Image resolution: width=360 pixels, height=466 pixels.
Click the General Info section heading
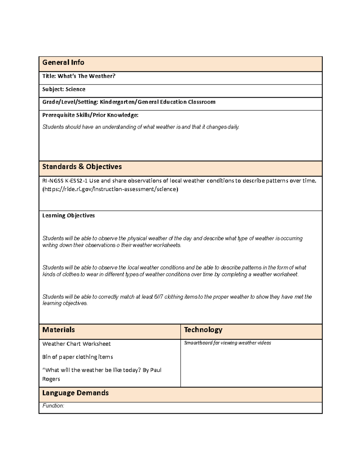(x=63, y=62)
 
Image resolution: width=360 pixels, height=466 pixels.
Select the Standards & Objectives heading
(x=82, y=167)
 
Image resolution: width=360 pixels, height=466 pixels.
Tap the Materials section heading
(x=58, y=330)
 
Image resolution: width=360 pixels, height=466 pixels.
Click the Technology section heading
(x=203, y=330)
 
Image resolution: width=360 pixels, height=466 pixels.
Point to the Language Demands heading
(x=75, y=393)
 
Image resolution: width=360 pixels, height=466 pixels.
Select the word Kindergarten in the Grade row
(x=118, y=102)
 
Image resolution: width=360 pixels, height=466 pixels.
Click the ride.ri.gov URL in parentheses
(x=110, y=189)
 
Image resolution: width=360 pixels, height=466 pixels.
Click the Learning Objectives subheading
(x=68, y=215)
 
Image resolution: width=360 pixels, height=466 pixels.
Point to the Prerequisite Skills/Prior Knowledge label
(x=90, y=115)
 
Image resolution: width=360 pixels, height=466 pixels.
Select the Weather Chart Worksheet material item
(x=76, y=344)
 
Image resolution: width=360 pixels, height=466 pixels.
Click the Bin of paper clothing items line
(x=77, y=357)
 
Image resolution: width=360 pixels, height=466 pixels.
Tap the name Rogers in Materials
(x=51, y=379)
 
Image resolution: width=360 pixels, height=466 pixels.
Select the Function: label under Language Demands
(x=53, y=406)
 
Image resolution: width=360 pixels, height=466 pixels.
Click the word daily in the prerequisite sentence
(x=233, y=127)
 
